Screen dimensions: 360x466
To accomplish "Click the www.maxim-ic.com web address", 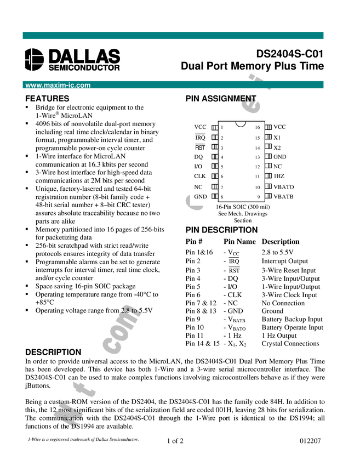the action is click(58, 86).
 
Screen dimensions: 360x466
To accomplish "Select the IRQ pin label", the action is click(200, 138).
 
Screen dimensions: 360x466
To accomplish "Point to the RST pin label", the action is click(200, 147).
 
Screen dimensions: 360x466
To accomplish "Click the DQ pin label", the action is click(198, 157).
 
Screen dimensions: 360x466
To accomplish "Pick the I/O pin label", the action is click(198, 166).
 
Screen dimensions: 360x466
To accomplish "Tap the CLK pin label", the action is click(200, 176).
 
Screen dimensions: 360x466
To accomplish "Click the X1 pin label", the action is click(277, 138).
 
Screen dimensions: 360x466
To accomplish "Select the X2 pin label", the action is click(277, 147).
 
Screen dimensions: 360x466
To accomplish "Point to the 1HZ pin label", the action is click(279, 176).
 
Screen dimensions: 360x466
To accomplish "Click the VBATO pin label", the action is click(283, 187).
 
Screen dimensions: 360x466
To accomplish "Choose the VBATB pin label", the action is click(283, 196).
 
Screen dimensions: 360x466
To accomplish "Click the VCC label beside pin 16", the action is click(279, 127).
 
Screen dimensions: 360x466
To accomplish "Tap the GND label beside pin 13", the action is click(279, 157).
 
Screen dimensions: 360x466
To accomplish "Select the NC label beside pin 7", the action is click(198, 187).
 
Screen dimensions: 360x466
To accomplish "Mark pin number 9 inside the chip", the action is click(257, 196).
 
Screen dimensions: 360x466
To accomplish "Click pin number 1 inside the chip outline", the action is click(222, 127).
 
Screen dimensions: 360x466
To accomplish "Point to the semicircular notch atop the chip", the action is click(241, 123).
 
